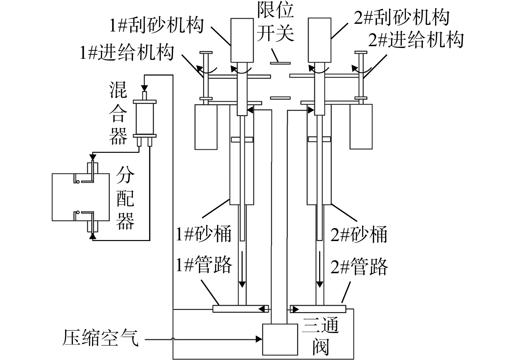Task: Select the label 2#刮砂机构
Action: tap(402, 17)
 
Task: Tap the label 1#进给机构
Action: tap(127, 53)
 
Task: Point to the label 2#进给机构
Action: tap(416, 40)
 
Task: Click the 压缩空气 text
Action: tap(100, 338)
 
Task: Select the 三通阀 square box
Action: tap(280, 339)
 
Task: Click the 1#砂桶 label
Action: tap(203, 234)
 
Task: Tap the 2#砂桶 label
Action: tap(359, 235)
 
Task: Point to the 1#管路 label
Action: tap(204, 265)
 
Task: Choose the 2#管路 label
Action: tap(359, 267)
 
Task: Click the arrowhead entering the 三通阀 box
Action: tap(259, 339)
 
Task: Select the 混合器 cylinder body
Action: tap(145, 119)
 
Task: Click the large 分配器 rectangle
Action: tap(81, 197)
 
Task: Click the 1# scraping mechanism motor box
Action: tap(242, 40)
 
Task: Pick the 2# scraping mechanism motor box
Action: tap(320, 40)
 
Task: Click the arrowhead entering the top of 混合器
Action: tap(144, 88)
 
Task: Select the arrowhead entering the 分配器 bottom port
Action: tap(93, 236)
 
